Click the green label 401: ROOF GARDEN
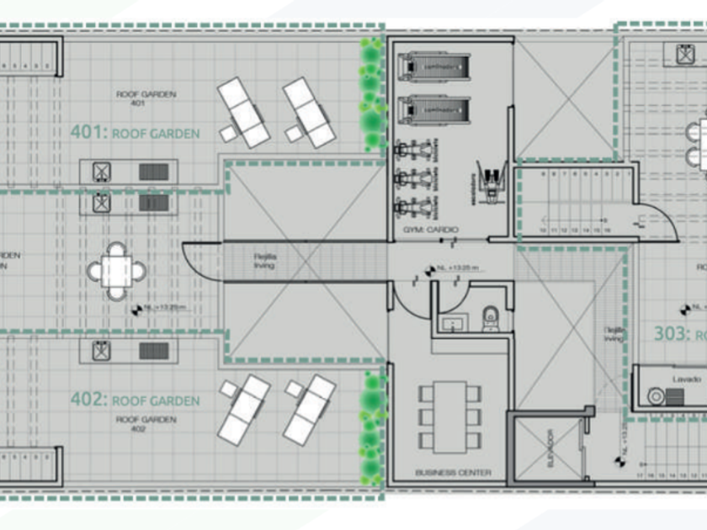point(135,133)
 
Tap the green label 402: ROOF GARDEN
point(135,400)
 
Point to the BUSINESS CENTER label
point(453,473)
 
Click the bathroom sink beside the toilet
point(453,322)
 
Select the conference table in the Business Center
point(450,416)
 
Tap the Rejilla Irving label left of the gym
point(265,261)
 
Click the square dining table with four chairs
point(117,271)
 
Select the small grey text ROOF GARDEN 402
point(138,423)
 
